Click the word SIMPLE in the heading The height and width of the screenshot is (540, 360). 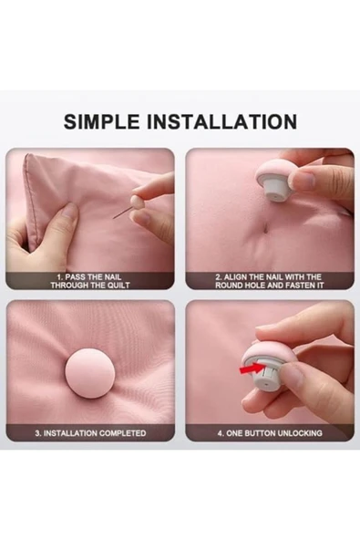101,121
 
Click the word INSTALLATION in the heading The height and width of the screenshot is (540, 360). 222,121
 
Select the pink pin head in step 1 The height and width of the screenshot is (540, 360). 137,202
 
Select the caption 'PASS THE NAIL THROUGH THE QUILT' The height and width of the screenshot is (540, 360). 90,281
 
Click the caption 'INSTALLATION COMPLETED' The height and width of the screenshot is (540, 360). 90,433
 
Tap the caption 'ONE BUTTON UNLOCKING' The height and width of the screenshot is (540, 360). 270,433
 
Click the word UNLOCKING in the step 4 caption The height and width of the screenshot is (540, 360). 300,433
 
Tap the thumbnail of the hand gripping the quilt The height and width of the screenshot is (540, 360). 90,219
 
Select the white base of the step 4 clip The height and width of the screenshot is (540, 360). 266,374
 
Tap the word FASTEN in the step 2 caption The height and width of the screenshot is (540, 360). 299,286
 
